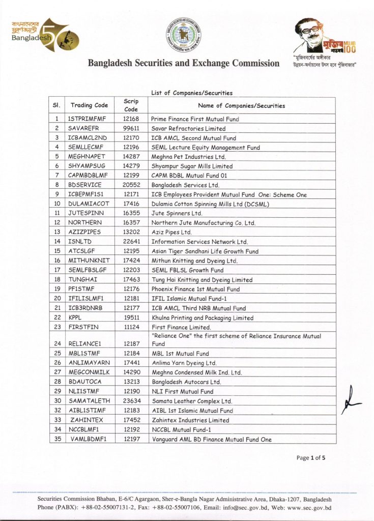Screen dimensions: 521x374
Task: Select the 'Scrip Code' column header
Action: [131, 105]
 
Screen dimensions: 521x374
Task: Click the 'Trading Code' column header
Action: [89, 105]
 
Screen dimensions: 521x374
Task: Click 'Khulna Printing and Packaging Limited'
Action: [202, 318]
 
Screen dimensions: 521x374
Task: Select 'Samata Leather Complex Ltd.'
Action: [191, 401]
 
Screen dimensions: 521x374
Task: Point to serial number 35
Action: [57, 439]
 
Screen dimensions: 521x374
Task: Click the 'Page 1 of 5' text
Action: [310, 458]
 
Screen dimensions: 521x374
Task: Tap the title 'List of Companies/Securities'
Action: [191, 93]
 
